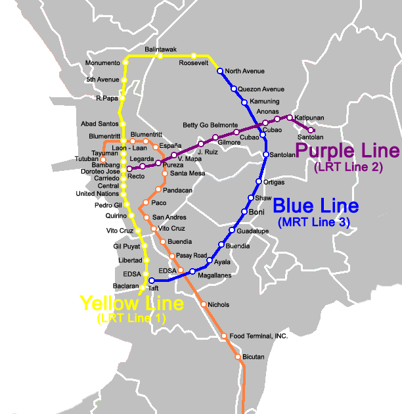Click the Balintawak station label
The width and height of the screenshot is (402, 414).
pyautogui.click(x=161, y=49)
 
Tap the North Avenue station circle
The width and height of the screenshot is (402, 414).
pyautogui.click(x=221, y=71)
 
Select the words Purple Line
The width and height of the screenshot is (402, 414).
pyautogui.click(x=347, y=151)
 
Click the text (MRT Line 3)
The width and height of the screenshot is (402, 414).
pyautogui.click(x=314, y=223)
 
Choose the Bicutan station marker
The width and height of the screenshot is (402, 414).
pyautogui.click(x=238, y=357)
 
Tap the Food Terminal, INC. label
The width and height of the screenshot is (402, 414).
pyautogui.click(x=259, y=336)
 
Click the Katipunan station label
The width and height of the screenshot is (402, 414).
pyautogui.click(x=309, y=118)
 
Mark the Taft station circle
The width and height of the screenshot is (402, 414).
pyautogui.click(x=151, y=281)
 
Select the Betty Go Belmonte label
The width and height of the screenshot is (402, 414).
pyautogui.click(x=210, y=125)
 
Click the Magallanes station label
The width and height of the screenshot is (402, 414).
pyautogui.click(x=215, y=275)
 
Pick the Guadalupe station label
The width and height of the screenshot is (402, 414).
pyautogui.click(x=253, y=231)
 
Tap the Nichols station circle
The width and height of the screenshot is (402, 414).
pyautogui.click(x=204, y=304)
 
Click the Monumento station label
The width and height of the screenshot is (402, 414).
pyautogui.click(x=103, y=63)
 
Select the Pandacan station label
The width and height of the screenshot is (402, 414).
pyautogui.click(x=177, y=190)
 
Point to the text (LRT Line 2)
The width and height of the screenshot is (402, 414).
pyautogui.click(x=348, y=167)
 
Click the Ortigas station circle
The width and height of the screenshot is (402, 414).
pyautogui.click(x=259, y=182)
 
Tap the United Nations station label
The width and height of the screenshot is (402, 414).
pyautogui.click(x=97, y=194)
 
